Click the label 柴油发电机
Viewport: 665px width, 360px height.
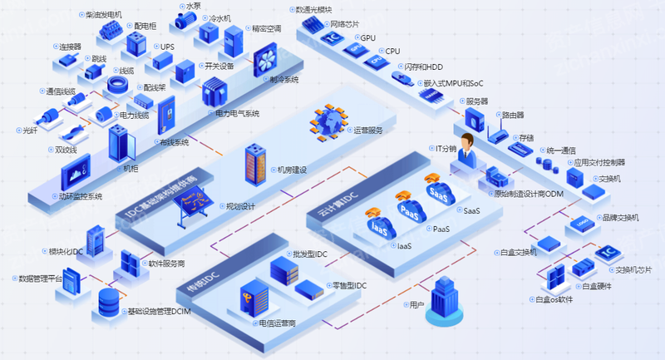click(x=104, y=14)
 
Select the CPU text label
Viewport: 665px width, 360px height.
click(x=392, y=51)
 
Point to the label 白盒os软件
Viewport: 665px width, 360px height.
click(x=554, y=299)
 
